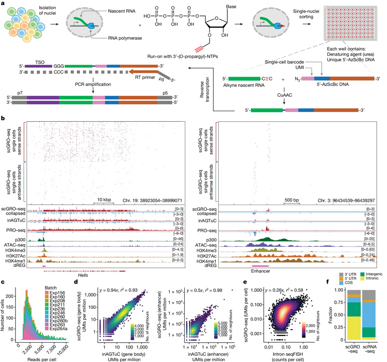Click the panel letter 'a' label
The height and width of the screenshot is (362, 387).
tap(3, 3)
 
